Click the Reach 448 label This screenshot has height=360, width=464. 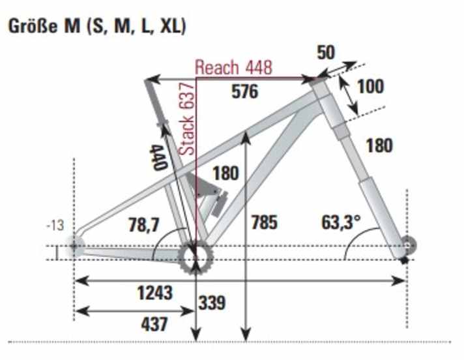(x=233, y=67)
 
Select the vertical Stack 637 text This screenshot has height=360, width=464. (x=187, y=119)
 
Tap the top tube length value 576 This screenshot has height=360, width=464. (x=245, y=92)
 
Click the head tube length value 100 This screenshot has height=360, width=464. (x=370, y=87)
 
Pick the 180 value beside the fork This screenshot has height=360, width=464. (x=379, y=145)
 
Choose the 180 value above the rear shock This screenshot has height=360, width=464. (x=225, y=174)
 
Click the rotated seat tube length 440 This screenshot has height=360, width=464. (x=158, y=157)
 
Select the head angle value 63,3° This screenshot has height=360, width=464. (x=340, y=222)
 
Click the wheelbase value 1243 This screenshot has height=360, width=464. (x=155, y=293)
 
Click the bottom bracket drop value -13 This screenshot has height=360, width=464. (x=56, y=226)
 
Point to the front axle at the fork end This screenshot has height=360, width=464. (x=408, y=246)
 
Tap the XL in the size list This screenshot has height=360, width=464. (x=170, y=26)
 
